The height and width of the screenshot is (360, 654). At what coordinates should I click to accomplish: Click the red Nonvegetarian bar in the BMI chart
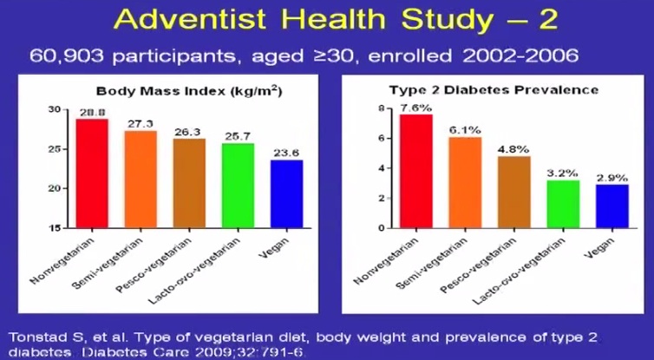(x=93, y=173)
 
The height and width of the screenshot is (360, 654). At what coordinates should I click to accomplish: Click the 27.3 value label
(x=141, y=124)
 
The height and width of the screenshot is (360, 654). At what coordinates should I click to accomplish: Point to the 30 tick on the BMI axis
(x=55, y=109)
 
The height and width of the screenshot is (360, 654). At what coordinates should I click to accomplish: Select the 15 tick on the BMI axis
(x=55, y=228)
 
